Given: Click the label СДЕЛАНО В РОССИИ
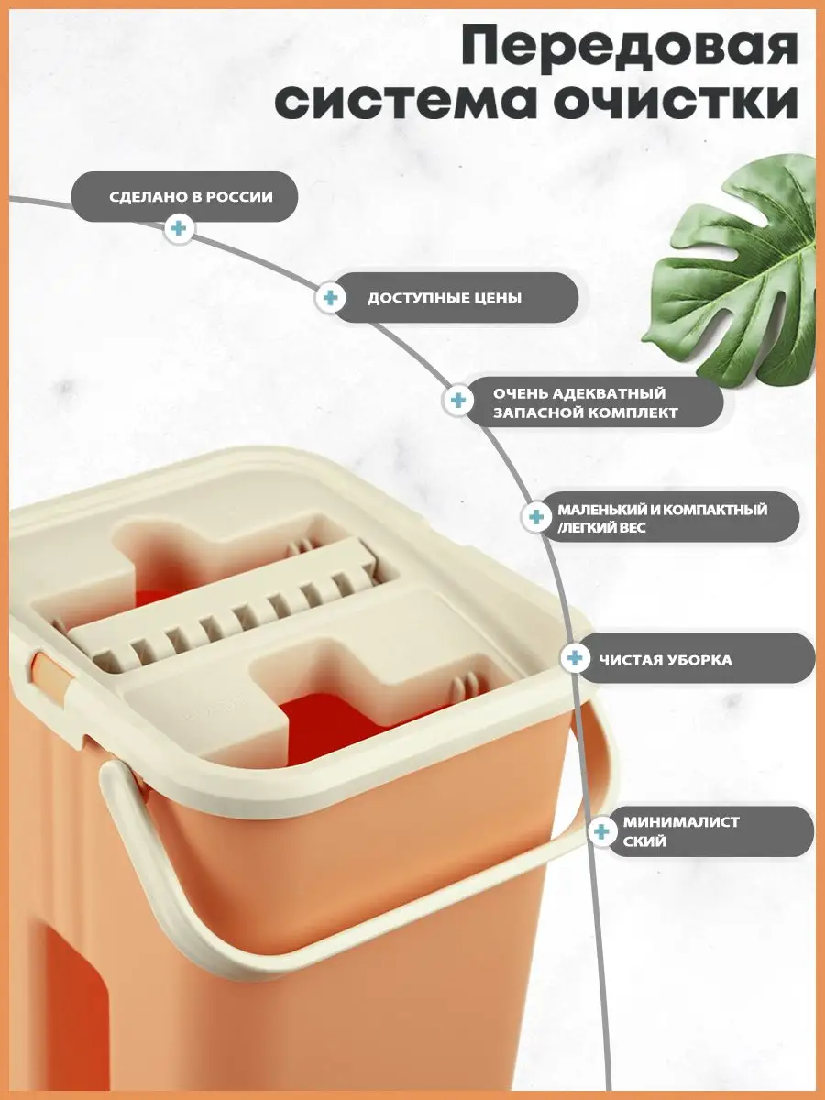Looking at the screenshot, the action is [191, 196].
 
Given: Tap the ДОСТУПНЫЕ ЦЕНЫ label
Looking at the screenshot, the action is [445, 298].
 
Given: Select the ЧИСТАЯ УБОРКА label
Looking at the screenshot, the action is [665, 659].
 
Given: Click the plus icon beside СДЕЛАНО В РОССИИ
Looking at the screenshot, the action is [179, 229].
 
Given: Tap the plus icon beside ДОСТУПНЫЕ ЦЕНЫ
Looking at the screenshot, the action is [331, 298].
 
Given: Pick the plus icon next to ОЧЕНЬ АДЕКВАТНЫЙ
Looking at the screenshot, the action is [457, 401].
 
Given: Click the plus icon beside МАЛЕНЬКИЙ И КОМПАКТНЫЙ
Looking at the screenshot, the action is [536, 517].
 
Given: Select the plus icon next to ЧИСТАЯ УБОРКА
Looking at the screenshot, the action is [575, 657].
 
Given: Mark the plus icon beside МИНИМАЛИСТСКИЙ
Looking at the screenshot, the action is [601, 832].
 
